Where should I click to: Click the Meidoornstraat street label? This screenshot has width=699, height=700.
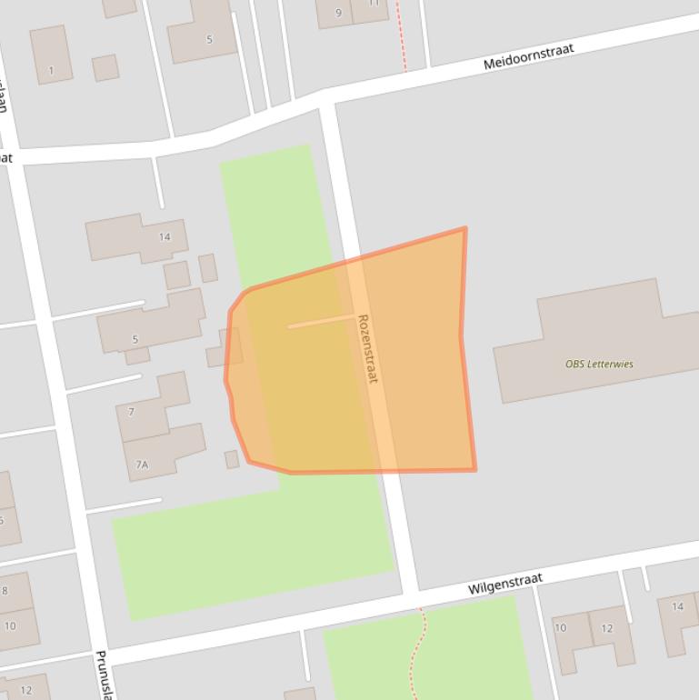pos(528,56)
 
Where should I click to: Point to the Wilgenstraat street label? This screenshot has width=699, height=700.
pos(504,583)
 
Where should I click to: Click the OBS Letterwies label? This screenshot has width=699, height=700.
pos(599,364)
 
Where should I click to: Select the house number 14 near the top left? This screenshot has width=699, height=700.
pos(165,237)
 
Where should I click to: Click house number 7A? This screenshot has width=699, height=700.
pos(142,465)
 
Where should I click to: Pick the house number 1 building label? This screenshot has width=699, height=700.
pos(51,70)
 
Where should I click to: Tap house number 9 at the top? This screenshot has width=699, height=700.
pos(339,13)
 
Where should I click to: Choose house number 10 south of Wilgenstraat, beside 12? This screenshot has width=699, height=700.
pos(560,627)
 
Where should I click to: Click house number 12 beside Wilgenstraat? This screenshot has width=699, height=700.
pos(606,628)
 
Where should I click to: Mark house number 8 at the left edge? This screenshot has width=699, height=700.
pos(4,590)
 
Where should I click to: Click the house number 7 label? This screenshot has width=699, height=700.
pos(132,412)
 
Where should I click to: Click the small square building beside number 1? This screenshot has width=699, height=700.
pos(105,67)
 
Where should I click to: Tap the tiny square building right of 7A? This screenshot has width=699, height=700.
pos(232,459)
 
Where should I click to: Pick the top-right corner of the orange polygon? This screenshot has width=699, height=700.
pos(465,228)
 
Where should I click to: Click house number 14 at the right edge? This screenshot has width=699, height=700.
pos(677,606)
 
